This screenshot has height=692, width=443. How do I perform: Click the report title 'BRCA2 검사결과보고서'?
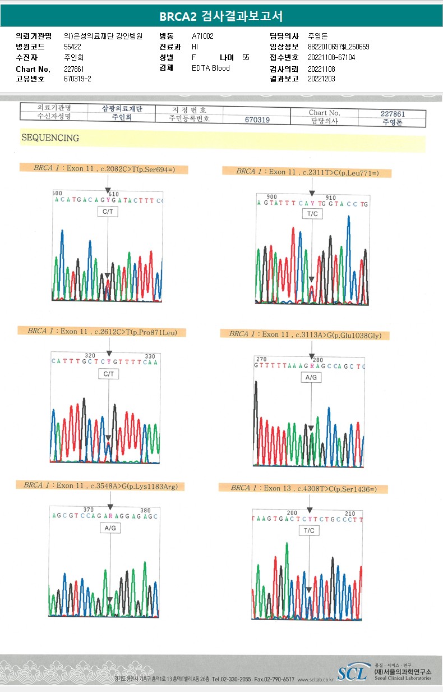click(x=221, y=15)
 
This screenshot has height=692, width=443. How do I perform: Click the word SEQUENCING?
click(x=50, y=138)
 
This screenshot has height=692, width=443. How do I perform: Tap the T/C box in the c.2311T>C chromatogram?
click(x=312, y=214)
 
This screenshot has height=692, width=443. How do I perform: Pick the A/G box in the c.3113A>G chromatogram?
click(x=311, y=378)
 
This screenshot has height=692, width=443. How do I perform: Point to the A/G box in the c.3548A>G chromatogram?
click(x=110, y=528)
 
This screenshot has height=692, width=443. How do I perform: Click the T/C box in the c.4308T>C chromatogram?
click(x=310, y=530)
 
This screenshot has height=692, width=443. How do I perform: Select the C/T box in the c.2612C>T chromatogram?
click(x=108, y=374)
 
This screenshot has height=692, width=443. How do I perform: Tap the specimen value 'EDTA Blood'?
click(x=211, y=68)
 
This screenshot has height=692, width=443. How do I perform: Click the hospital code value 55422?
click(x=73, y=47)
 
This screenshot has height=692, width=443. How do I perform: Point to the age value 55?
click(x=246, y=58)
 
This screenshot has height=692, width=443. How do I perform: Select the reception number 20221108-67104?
click(x=331, y=58)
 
